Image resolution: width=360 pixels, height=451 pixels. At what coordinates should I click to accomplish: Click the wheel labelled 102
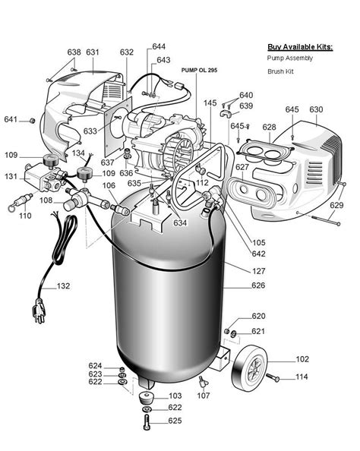tap(250, 368)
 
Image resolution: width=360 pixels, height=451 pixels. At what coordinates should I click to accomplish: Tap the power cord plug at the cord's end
tap(39, 311)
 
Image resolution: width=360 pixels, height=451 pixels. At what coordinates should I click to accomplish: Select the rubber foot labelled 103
tap(146, 398)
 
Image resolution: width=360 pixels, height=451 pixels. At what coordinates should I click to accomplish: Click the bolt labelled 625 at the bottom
tap(147, 422)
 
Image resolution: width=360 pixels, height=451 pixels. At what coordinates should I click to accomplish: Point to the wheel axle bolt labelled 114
tap(272, 377)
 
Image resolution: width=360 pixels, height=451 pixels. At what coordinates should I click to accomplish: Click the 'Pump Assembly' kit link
tap(290, 58)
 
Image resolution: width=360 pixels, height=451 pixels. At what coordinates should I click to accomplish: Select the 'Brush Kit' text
tap(280, 71)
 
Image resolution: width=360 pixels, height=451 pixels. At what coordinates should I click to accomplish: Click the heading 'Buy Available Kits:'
tap(300, 47)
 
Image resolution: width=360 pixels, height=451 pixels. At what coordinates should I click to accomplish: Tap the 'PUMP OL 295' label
tap(199, 70)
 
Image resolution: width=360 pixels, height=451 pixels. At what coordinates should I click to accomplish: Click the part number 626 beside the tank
tap(258, 285)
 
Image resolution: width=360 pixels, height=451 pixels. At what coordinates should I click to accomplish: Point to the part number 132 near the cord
tap(63, 286)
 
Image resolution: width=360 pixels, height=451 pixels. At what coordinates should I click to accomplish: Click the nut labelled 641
tap(32, 121)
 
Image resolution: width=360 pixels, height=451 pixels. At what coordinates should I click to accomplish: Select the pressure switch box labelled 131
tap(40, 178)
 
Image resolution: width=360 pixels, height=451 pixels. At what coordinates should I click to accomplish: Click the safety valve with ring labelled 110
tap(21, 202)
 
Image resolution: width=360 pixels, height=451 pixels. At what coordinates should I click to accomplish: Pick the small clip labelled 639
tap(226, 113)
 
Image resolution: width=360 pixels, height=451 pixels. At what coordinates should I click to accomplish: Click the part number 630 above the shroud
tap(316, 109)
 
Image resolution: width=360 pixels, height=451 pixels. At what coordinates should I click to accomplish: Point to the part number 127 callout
tap(259, 271)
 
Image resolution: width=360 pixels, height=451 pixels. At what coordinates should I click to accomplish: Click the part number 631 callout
tap(93, 52)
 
